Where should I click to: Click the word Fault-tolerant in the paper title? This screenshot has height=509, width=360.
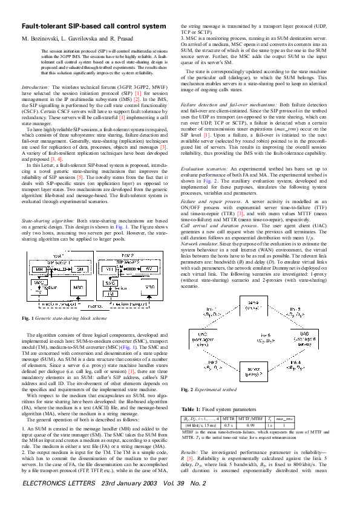coord(44,27)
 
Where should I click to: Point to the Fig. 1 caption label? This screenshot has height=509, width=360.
coord(28,317)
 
